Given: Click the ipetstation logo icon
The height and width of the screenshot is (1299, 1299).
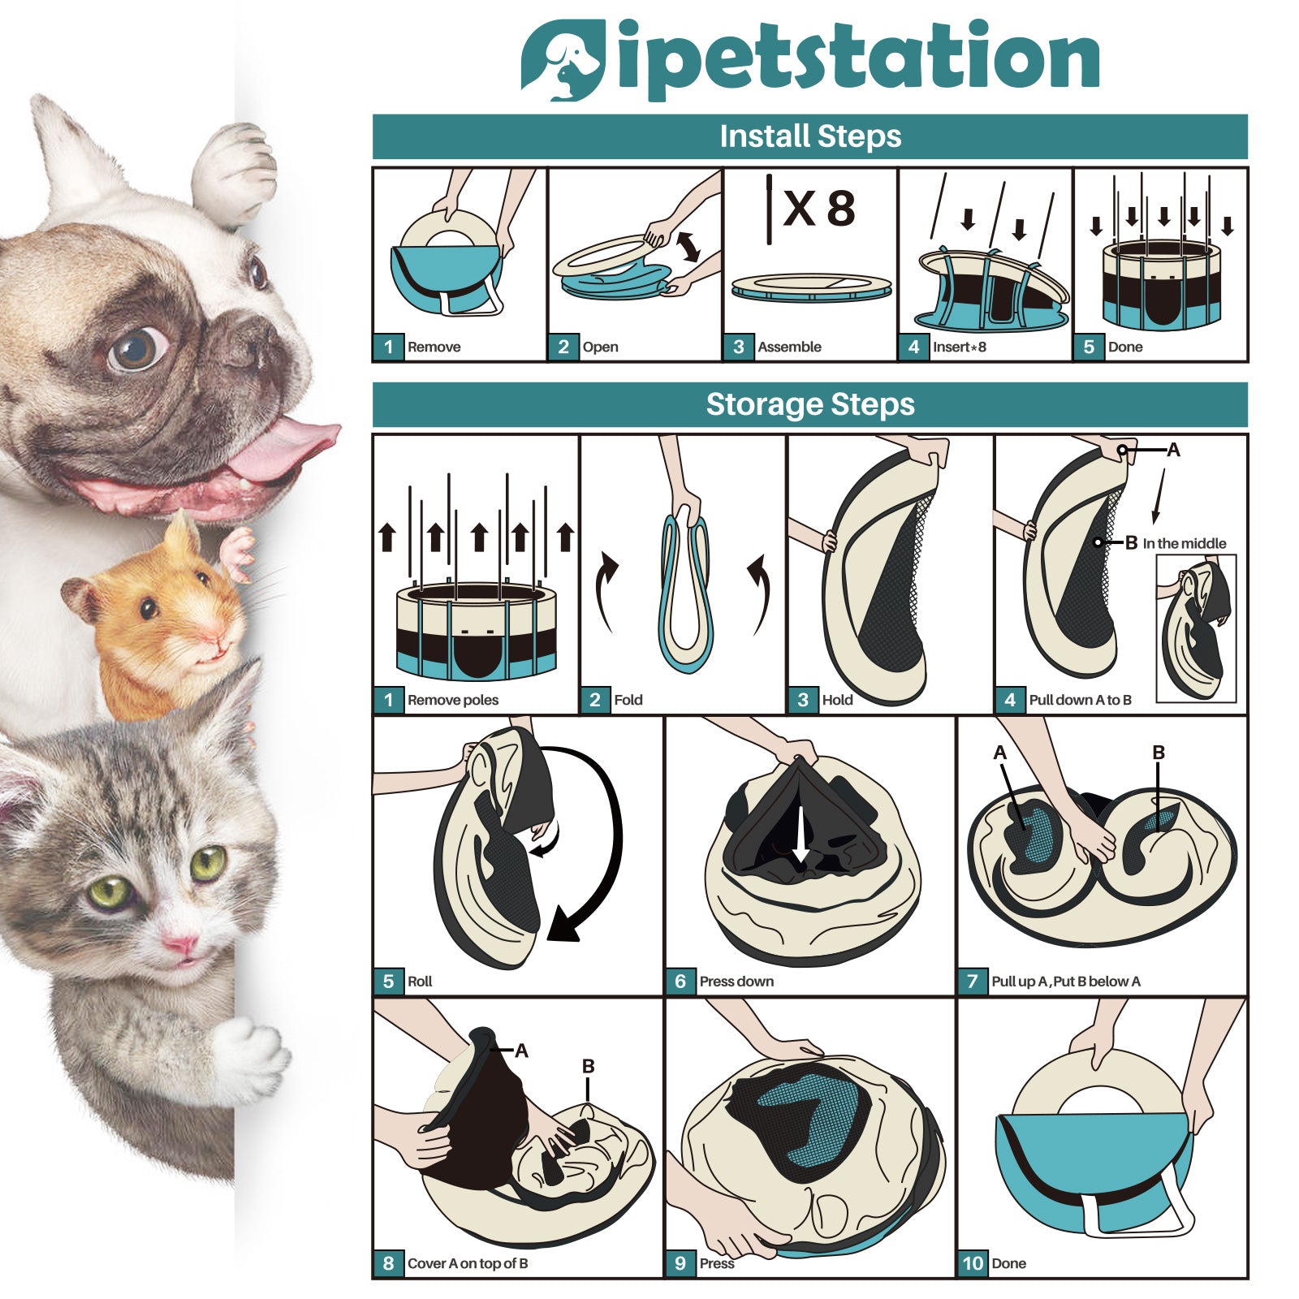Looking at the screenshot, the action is (x=562, y=60).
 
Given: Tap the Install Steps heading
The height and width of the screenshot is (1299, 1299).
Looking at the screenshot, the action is (x=810, y=136).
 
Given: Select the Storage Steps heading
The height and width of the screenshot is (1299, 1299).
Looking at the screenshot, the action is (x=810, y=404).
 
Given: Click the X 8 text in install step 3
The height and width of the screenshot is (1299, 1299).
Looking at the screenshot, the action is (x=819, y=209).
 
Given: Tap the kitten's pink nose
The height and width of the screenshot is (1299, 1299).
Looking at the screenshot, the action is (x=180, y=944).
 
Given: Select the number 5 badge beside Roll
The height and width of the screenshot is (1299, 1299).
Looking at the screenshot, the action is (x=388, y=981).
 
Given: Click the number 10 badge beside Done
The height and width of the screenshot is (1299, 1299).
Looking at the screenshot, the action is (x=973, y=1262).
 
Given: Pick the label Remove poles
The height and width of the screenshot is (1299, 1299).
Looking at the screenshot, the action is (x=453, y=700).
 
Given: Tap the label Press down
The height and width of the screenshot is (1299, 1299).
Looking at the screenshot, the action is (x=736, y=982).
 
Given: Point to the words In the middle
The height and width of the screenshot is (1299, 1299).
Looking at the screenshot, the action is (x=1185, y=544).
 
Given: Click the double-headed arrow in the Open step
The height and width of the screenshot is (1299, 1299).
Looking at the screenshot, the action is (x=688, y=247).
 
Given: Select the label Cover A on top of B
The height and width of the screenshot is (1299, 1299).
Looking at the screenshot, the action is (x=468, y=1263).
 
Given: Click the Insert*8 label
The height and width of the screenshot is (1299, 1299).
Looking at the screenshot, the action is (x=960, y=347).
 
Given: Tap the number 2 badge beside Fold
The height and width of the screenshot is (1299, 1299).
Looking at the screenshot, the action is (x=595, y=700).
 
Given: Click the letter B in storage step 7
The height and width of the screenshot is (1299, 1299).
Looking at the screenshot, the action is (x=1159, y=753).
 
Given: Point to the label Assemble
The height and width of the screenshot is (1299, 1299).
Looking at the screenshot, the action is (x=789, y=347).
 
